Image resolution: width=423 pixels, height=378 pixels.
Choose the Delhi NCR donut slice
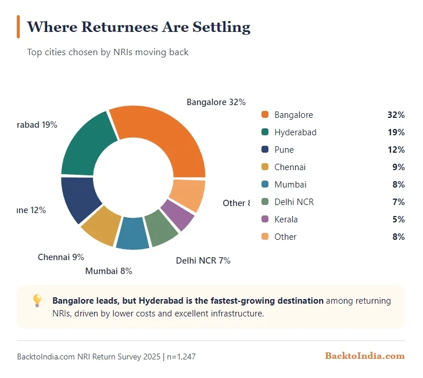[161, 227]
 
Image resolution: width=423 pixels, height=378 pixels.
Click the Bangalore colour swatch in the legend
[265, 115]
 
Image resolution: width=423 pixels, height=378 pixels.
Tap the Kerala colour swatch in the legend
[265, 219]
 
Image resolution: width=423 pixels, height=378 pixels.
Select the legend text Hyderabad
[295, 132]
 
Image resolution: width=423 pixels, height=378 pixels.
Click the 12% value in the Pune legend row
[396, 150]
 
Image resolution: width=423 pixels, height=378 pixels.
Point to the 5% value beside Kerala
[399, 219]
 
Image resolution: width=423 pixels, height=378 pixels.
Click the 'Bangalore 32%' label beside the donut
[216, 102]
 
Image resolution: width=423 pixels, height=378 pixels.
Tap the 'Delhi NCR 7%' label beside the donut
[203, 261]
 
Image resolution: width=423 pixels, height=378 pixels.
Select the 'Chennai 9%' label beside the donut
[61, 257]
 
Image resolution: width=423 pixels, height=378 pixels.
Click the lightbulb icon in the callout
[37, 300]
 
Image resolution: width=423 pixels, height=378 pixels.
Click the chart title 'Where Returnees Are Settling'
[139, 27]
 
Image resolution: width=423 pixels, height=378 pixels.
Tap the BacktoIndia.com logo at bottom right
[364, 356]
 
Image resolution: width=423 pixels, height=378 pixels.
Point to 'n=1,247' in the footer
[181, 357]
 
